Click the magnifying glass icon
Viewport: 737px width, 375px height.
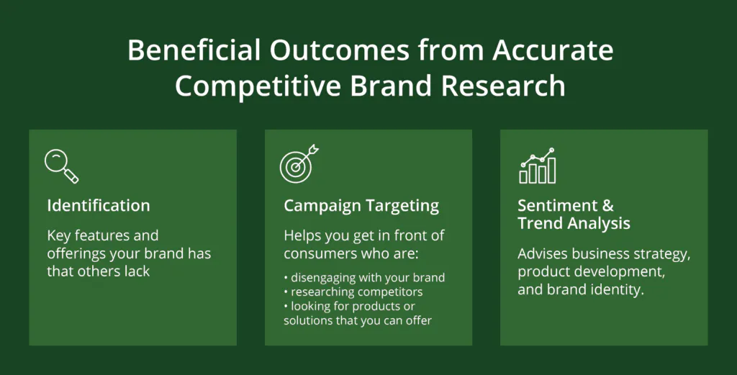62,166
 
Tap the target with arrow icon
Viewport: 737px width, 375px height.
299,163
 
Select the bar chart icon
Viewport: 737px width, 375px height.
538,166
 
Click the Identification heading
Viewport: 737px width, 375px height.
98,205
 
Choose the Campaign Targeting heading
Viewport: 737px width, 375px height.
361,207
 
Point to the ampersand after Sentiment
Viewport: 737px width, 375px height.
607,205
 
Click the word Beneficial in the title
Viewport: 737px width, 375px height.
194,50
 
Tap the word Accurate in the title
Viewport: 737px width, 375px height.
553,50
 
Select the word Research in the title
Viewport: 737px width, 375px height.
503,86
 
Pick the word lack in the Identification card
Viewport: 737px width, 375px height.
137,271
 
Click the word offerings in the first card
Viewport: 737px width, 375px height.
76,254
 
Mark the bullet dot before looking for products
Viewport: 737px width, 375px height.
286,307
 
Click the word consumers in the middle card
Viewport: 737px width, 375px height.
315,254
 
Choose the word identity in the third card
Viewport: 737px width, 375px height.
620,289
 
